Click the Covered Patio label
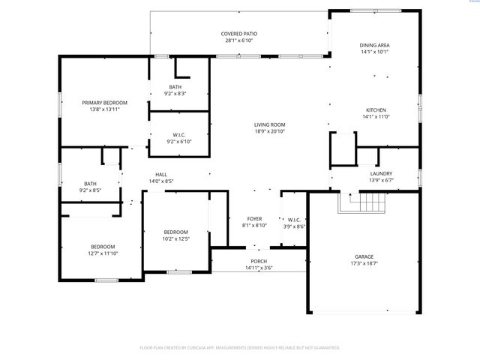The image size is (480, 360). coord(239,34)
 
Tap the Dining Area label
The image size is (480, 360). coord(374,45)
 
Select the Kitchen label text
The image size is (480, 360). coord(374,109)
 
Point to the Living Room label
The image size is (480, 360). coord(268,124)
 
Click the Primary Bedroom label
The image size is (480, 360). coord(104,102)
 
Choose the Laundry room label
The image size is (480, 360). coord(381,173)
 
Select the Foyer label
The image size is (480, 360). coord(255,218)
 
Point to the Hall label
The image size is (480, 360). coord(161,174)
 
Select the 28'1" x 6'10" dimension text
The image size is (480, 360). coord(239,40)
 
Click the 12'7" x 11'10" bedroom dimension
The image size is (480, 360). coord(103,253)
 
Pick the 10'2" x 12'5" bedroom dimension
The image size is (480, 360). coord(175,238)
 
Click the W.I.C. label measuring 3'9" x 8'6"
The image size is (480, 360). coord(294,220)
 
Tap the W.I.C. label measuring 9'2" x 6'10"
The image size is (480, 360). coord(178,135)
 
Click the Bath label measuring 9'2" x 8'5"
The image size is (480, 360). coord(90,184)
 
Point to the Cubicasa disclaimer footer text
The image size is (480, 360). coord(240,347)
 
